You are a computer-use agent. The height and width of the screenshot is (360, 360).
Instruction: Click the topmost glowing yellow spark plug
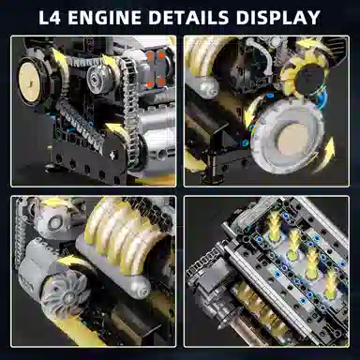tap(275, 223)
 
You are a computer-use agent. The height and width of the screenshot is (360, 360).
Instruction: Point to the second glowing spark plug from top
tap(293, 240)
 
